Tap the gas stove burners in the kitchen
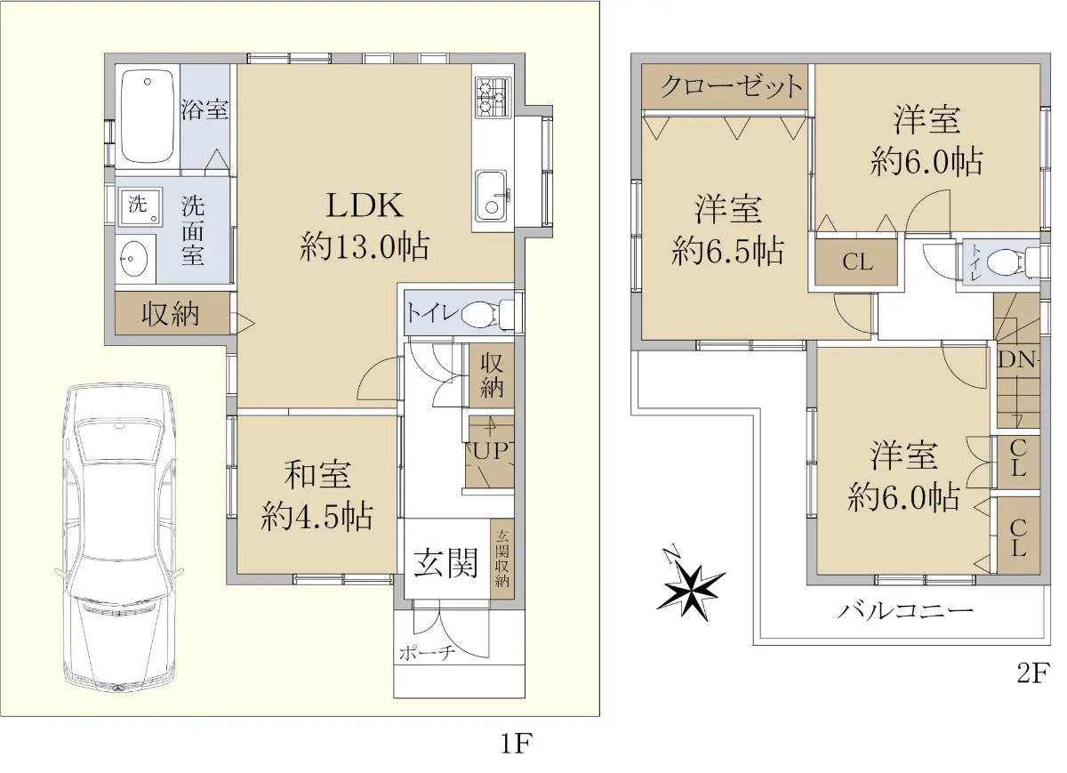click(493, 97)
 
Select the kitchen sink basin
click(493, 196)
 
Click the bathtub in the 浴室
click(148, 117)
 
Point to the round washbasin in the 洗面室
click(134, 259)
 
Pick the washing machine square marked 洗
click(140, 205)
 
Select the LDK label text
click(365, 205)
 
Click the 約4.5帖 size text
click(317, 516)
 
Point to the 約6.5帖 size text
click(727, 251)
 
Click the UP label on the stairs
click(491, 451)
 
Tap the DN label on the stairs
click(1017, 359)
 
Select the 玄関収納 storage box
click(502, 559)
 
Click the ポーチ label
click(428, 653)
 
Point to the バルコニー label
click(905, 611)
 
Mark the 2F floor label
click(1033, 672)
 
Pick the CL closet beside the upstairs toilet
click(856, 262)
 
